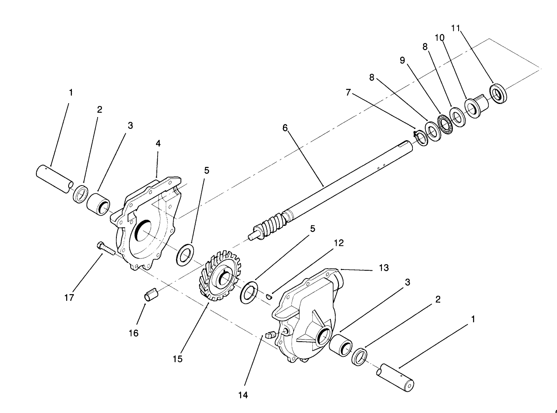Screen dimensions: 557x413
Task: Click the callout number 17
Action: [x=69, y=298]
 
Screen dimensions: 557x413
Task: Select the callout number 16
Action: [x=134, y=333]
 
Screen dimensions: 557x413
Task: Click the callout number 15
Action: [x=178, y=359]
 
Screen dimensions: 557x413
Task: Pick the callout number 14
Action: [x=243, y=395]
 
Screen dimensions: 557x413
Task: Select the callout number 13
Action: [x=384, y=268]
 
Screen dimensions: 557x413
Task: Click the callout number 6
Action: [x=285, y=128]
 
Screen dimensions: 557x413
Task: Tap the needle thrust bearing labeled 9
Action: [x=446, y=124]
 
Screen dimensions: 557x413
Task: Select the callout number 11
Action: [x=455, y=29]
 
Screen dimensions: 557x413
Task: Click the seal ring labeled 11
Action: [x=499, y=94]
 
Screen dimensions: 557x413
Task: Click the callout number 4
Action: [x=158, y=144]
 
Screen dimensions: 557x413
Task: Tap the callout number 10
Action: [x=439, y=38]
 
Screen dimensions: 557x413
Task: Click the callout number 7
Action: [x=348, y=93]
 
